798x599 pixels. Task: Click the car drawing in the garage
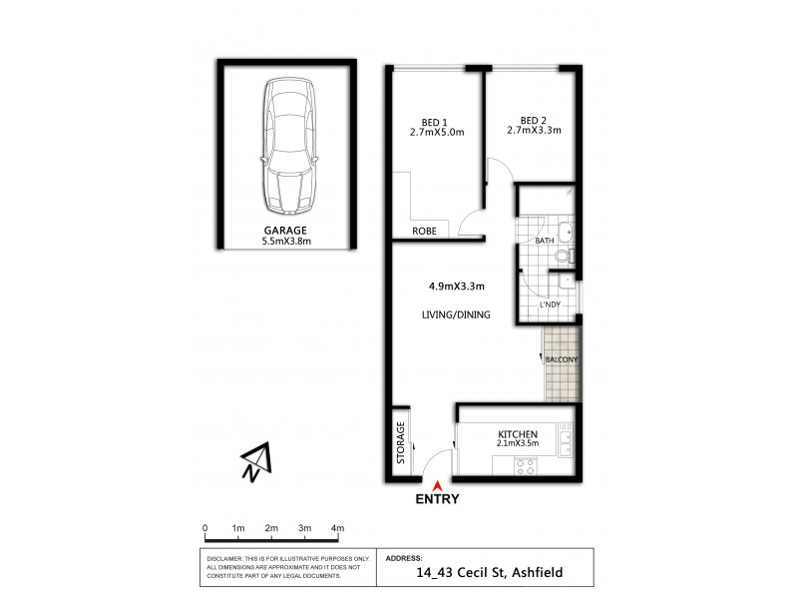click(286, 146)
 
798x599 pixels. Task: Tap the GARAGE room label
click(286, 230)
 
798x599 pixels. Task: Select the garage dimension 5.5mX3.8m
click(286, 241)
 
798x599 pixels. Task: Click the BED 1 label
click(434, 120)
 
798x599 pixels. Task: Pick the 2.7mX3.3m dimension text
click(534, 130)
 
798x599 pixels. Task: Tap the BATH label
click(544, 242)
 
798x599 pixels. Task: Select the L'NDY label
click(550, 304)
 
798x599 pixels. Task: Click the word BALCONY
click(562, 359)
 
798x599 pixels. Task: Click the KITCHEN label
click(519, 434)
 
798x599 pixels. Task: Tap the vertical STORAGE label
click(401, 443)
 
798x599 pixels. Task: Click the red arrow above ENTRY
click(438, 485)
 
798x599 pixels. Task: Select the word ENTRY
click(438, 500)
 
